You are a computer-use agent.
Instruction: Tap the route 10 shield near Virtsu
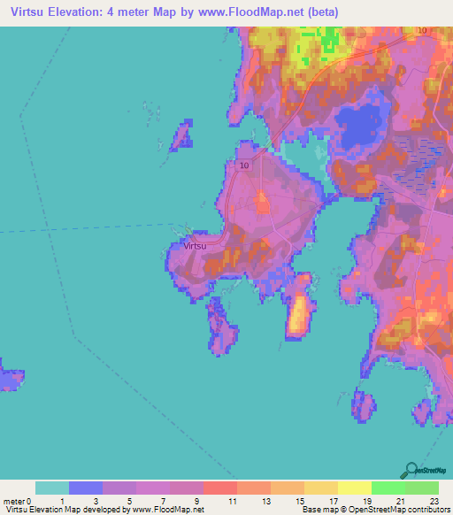pyautogui.click(x=244, y=165)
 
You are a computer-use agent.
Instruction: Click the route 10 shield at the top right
pyautogui.click(x=421, y=30)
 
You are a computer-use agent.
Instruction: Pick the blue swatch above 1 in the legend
pyautogui.click(x=86, y=488)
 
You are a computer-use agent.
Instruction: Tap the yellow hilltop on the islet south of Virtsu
pyautogui.click(x=299, y=314)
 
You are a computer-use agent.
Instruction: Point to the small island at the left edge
pyautogui.click(x=10, y=378)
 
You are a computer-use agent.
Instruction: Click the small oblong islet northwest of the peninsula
pyautogui.click(x=181, y=135)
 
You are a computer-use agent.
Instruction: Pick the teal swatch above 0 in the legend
pyautogui.click(x=52, y=488)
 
